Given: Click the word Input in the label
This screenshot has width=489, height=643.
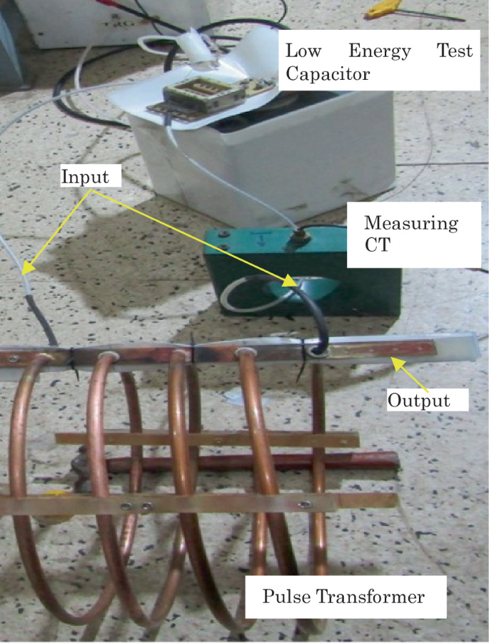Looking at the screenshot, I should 85,176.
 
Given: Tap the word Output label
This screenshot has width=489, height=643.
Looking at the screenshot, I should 418,399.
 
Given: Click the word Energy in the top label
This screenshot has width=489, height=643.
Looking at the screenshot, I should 380,51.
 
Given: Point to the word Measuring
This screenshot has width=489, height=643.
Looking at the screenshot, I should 411,223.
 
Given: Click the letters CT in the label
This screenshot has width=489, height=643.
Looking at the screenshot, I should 378,247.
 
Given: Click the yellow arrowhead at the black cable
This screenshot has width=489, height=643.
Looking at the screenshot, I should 288,282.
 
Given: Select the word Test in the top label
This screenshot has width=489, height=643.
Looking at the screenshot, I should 454,51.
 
